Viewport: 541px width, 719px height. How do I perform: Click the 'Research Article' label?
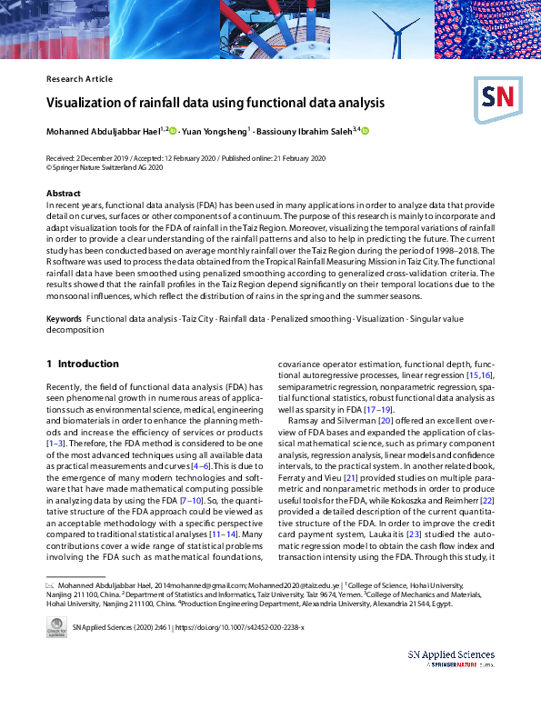(79, 79)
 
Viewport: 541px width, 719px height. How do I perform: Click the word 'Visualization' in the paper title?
(84, 103)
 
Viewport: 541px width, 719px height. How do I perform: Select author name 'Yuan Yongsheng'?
(214, 131)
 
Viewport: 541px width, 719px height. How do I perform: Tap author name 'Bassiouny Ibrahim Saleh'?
(305, 131)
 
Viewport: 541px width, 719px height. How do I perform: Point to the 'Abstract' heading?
(63, 194)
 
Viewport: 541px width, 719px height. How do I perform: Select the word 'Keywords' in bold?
(64, 321)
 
